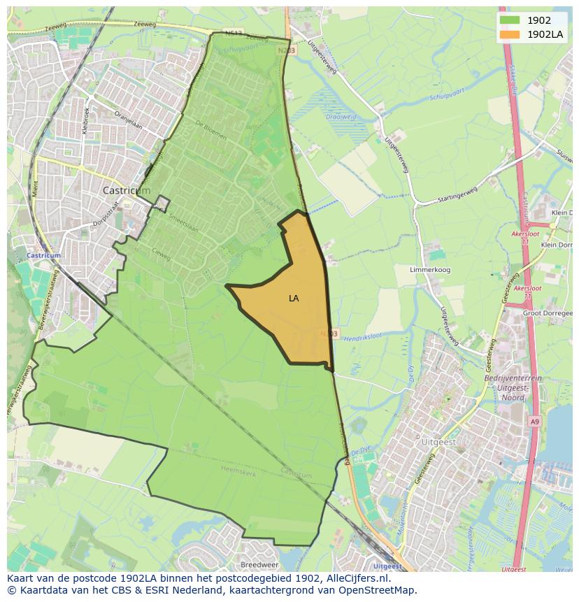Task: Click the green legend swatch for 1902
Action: pos(510,20)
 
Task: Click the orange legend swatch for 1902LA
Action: pos(510,34)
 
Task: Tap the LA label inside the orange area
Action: pos(294,299)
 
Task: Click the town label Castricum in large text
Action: pos(127,190)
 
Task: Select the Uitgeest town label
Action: pos(439,443)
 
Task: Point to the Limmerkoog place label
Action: pos(429,268)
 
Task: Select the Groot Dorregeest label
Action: pos(548,313)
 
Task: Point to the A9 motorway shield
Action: pos(534,422)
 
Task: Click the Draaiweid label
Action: pos(342,118)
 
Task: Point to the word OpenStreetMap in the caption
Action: pos(378,590)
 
